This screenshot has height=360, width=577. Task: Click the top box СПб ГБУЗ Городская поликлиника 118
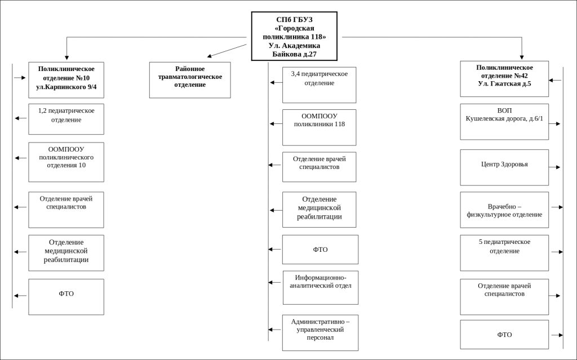[294, 36]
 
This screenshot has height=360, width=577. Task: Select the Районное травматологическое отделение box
[190, 80]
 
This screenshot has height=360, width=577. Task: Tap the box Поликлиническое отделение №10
[66, 80]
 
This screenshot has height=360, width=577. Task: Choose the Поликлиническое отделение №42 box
[504, 79]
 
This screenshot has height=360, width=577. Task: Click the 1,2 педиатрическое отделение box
[66, 119]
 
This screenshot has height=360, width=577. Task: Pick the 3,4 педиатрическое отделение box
[319, 85]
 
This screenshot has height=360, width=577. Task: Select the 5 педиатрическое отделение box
[504, 253]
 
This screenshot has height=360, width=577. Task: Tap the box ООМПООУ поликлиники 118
[319, 127]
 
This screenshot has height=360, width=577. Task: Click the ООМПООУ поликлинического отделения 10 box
[66, 162]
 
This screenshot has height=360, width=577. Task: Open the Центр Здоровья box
[504, 167]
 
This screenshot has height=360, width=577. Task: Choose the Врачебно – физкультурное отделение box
[504, 210]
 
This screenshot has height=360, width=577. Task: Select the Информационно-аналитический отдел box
[321, 287]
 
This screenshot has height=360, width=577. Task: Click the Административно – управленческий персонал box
[320, 332]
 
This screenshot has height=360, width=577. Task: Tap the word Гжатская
[504, 83]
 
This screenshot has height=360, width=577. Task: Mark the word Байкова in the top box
[285, 54]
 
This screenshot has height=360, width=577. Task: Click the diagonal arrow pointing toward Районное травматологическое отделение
[227, 51]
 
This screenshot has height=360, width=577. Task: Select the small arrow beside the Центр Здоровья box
[554, 167]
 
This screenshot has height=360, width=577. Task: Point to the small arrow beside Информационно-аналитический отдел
[274, 283]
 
